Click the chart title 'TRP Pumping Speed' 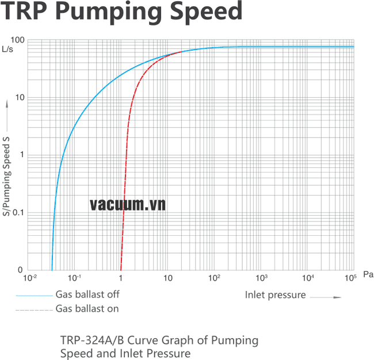click(122, 12)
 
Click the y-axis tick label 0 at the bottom click(21, 270)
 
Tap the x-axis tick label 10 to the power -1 click(75, 278)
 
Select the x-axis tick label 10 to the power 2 click(215, 278)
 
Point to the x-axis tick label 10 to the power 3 click(262, 278)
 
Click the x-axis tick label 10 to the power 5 click(351, 278)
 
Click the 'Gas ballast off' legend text click(87, 294)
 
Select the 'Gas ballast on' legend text click(87, 309)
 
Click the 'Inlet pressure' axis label click(275, 296)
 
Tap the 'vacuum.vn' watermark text click(128, 204)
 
